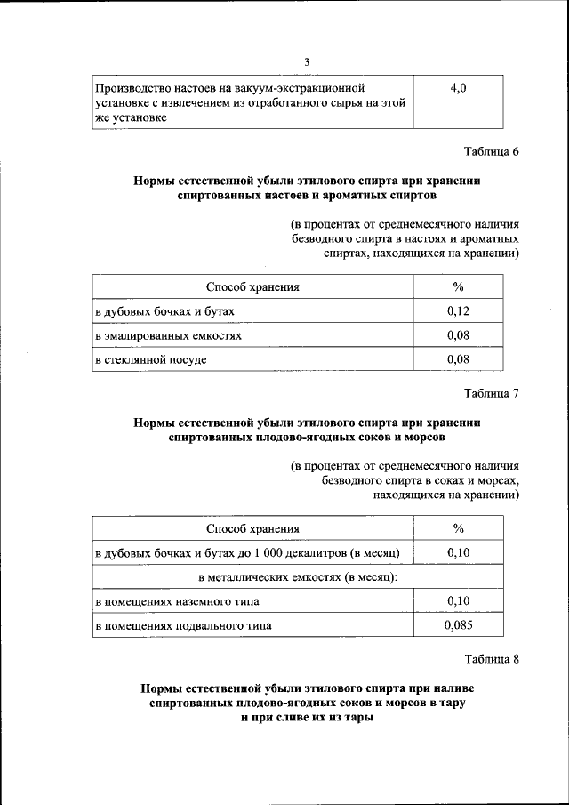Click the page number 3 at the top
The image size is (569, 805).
coord(306,61)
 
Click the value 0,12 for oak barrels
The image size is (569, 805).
coord(459,310)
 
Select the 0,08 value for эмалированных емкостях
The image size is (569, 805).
coord(459,335)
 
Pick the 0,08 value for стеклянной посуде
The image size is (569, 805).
coord(459,359)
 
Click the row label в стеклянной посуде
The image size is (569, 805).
coord(151,359)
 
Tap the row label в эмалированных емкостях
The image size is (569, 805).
coord(168,335)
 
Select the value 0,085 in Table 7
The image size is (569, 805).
coord(459,625)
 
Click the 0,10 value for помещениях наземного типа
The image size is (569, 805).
coord(459,601)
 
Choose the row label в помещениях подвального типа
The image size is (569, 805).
coord(184,625)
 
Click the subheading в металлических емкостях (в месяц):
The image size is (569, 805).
coord(298,577)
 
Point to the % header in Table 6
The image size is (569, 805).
coord(459,286)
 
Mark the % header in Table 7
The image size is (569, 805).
coord(459,529)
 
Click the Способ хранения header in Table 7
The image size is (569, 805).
coord(252,529)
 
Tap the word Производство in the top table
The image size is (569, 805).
coord(132,88)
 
